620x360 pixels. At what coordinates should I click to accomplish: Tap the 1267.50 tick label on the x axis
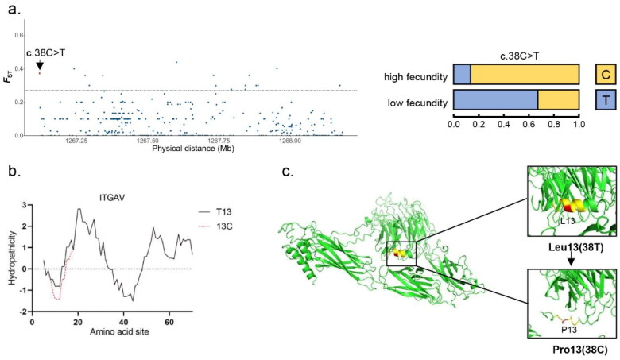tap(149, 141)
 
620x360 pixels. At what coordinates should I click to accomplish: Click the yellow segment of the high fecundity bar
tap(525, 76)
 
